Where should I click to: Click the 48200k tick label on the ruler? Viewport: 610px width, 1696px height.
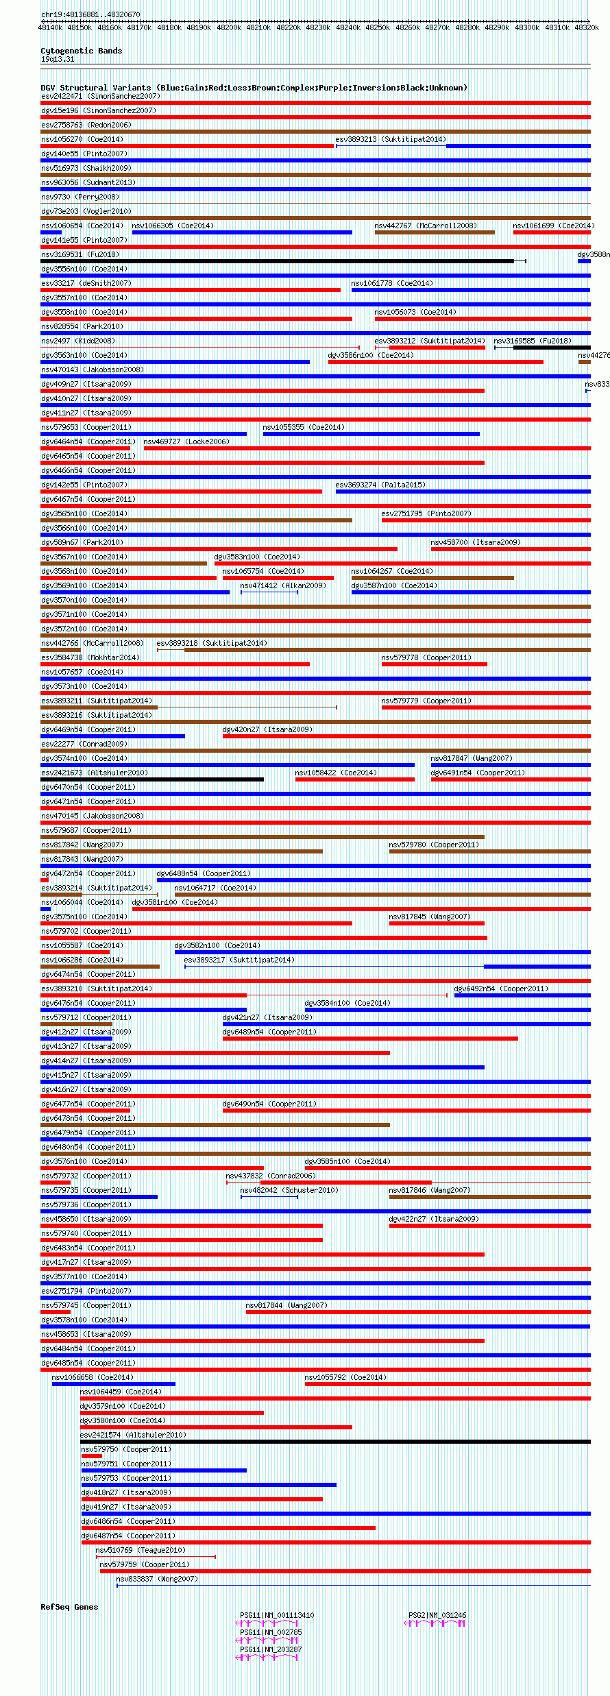click(229, 27)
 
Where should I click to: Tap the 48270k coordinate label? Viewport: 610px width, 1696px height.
click(437, 27)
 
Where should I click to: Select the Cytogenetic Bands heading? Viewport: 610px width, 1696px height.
click(81, 51)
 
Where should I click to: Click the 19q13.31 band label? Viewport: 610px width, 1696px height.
click(58, 59)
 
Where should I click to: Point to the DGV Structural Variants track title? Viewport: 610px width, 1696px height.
click(254, 88)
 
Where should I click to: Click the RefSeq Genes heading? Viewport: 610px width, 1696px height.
click(69, 1607)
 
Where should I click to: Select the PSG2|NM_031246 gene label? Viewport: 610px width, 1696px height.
click(437, 1615)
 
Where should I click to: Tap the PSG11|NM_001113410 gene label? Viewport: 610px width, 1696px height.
click(277, 1615)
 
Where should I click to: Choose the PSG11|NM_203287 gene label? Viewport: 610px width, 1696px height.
click(271, 1649)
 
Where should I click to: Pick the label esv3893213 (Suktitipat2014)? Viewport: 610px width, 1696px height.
click(390, 139)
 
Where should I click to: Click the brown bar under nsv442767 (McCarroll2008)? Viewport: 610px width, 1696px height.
click(435, 232)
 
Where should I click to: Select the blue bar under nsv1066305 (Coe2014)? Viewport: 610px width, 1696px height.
click(242, 232)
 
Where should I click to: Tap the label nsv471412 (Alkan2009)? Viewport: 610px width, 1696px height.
click(282, 585)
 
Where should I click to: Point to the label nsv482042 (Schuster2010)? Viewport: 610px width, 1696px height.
click(289, 1190)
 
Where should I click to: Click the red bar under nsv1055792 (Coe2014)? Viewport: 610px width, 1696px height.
click(447, 1384)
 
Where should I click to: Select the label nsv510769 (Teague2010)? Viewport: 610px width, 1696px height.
click(140, 1550)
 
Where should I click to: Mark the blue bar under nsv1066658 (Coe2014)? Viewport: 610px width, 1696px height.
click(114, 1384)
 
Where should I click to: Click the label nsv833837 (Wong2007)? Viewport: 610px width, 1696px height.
click(157, 1579)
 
